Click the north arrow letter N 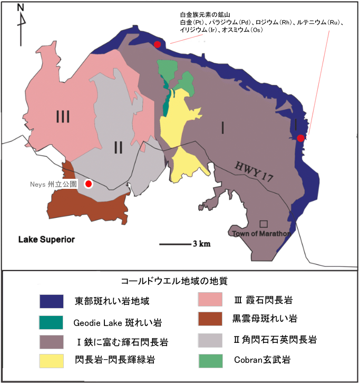pos(21,7)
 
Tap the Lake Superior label pos(47,239)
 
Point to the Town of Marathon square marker pos(264,224)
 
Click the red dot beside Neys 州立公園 pos(89,184)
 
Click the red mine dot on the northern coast pos(157,44)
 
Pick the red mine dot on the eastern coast pos(300,138)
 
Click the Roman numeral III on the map pos(63,116)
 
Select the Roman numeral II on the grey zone pos(119,148)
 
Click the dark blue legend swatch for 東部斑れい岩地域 pos(51,301)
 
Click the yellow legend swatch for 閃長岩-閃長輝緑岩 pos(51,361)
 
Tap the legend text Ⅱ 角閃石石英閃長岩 pos(275,339)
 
